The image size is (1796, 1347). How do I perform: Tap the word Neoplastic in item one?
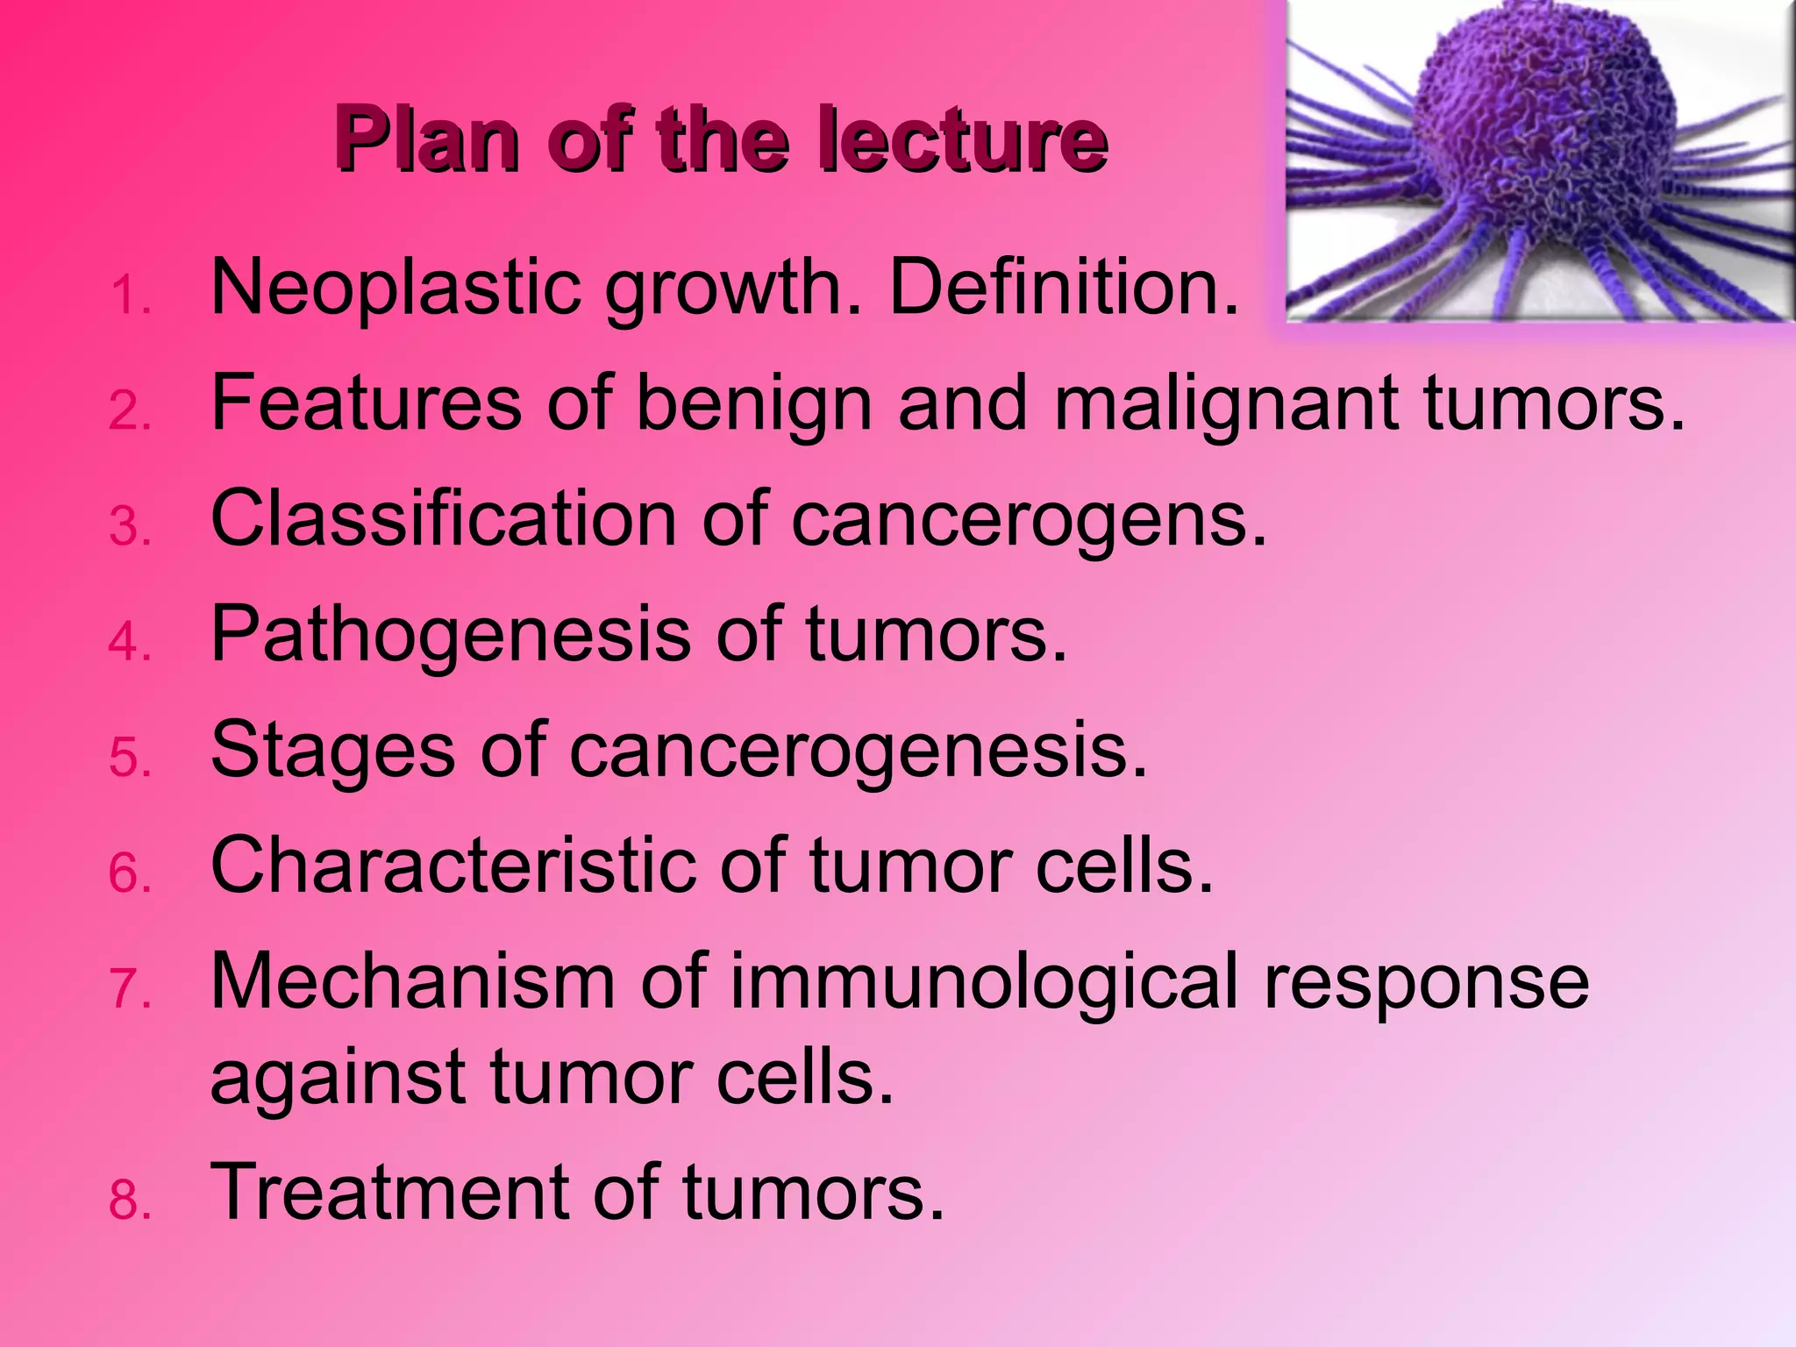396,289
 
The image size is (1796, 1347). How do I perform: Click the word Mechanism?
413,982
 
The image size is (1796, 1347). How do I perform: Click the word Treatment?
389,1193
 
